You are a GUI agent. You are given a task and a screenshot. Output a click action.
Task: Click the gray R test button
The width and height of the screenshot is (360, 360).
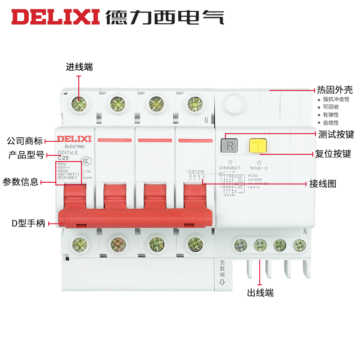point(230,146)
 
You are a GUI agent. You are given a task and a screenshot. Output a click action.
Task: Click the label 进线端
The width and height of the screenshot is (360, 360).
point(79,67)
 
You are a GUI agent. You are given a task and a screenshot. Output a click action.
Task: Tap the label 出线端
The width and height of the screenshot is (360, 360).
point(260,293)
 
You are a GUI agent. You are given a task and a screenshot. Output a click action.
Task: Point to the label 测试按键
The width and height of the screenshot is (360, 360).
point(336,134)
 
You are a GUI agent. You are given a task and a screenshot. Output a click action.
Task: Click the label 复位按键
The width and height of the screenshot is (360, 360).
point(333,154)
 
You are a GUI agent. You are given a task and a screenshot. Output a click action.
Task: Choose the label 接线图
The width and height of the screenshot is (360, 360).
point(323,184)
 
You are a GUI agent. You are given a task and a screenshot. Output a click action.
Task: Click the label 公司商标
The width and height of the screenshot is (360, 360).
point(25,140)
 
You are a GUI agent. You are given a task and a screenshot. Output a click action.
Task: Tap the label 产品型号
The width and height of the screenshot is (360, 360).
point(26,155)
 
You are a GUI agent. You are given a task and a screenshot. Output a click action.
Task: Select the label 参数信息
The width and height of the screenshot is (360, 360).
point(20,182)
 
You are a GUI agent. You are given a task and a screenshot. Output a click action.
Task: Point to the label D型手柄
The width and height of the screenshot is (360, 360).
point(28,223)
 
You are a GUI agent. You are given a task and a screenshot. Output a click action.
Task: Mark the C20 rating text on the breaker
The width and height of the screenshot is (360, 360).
point(63,158)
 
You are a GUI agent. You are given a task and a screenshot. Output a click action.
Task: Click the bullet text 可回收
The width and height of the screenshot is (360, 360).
point(330,107)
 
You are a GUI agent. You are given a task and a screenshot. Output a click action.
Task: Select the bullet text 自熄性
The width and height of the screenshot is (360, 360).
point(330,122)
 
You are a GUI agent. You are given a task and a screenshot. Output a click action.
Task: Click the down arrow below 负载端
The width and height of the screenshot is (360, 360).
point(222,283)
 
